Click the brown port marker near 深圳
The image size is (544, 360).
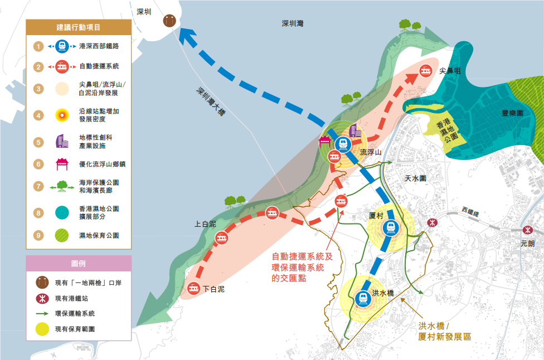169,21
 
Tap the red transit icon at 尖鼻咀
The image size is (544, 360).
425,71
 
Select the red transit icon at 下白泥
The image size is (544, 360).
193,288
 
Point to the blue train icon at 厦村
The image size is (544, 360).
391,228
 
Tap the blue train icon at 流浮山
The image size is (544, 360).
343,144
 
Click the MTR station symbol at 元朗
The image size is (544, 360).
528,230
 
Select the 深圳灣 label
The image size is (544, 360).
293,23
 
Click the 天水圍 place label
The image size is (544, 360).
416,178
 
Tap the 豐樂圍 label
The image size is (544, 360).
512,113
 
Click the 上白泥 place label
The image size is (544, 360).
205,224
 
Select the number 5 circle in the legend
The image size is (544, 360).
38,142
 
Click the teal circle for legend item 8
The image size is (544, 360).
62,213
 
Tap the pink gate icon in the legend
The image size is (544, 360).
62,164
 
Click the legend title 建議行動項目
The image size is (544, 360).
79,27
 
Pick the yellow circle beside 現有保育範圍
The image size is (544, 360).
42,329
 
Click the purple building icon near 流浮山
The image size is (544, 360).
354,131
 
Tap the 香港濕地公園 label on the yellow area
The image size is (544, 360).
447,130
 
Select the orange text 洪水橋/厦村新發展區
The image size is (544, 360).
444,331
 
